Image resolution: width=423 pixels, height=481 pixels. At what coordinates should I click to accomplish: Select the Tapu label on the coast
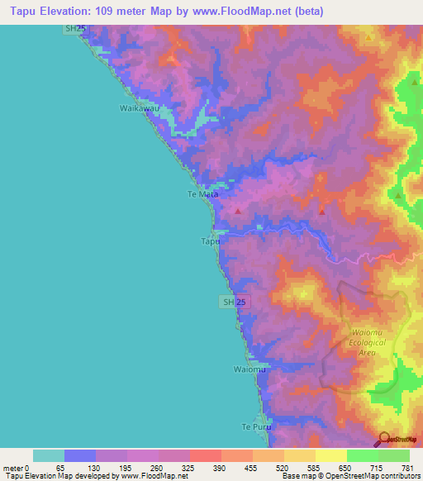[x=211, y=242]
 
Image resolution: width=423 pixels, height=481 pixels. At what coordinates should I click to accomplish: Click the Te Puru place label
[x=255, y=426]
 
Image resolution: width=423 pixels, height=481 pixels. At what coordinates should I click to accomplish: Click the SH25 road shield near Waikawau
[x=75, y=29]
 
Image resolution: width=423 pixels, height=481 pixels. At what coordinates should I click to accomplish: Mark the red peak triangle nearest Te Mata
[x=238, y=212]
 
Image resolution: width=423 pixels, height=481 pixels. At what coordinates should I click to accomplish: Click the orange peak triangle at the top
[x=368, y=37]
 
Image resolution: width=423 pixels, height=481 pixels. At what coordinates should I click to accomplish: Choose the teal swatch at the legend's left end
[x=49, y=455]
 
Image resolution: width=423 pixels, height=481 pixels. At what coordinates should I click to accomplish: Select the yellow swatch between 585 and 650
[x=331, y=455]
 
